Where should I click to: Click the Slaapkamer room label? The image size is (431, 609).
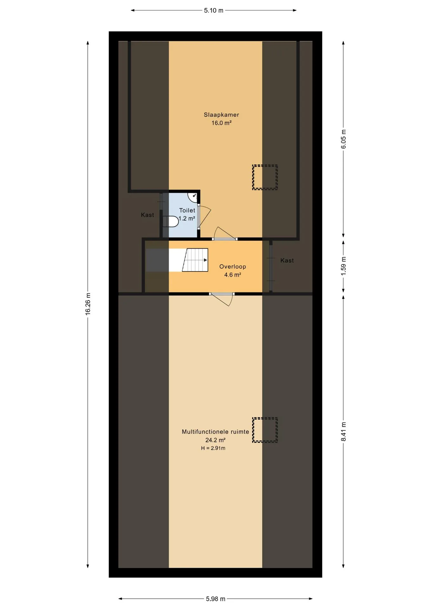tap(221, 115)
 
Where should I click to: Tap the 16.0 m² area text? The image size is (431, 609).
tap(221, 123)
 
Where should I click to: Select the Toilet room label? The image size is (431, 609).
tap(187, 210)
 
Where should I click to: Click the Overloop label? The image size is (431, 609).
tap(233, 267)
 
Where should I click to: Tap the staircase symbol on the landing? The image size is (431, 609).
tap(195, 260)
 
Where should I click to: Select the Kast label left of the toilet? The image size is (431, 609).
tap(148, 215)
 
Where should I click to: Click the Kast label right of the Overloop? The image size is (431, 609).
tap(287, 261)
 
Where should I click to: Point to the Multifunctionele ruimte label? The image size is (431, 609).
tap(215, 432)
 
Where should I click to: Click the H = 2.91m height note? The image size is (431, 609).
tap(213, 448)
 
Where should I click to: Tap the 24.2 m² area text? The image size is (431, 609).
tap(215, 440)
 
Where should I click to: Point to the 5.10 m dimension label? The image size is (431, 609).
tap(214, 10)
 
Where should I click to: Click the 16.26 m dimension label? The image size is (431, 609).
tap(88, 304)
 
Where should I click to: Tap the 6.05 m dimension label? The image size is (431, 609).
tap(344, 139)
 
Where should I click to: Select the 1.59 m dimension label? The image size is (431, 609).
tap(344, 266)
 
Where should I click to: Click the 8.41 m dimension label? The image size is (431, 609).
tap(344, 432)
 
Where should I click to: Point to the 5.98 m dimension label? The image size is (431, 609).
tap(215, 599)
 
